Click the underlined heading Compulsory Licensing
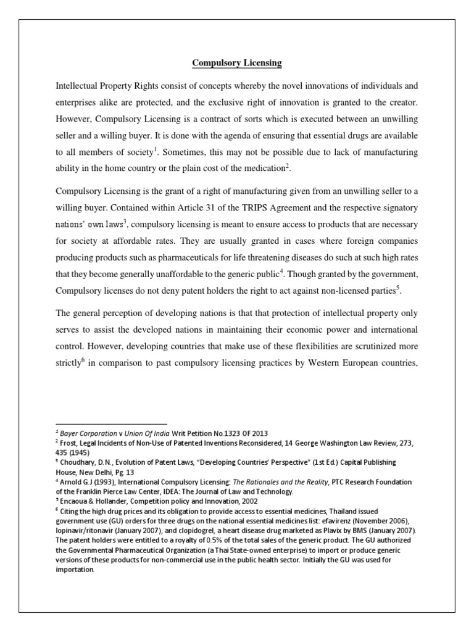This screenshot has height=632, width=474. [237, 62]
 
